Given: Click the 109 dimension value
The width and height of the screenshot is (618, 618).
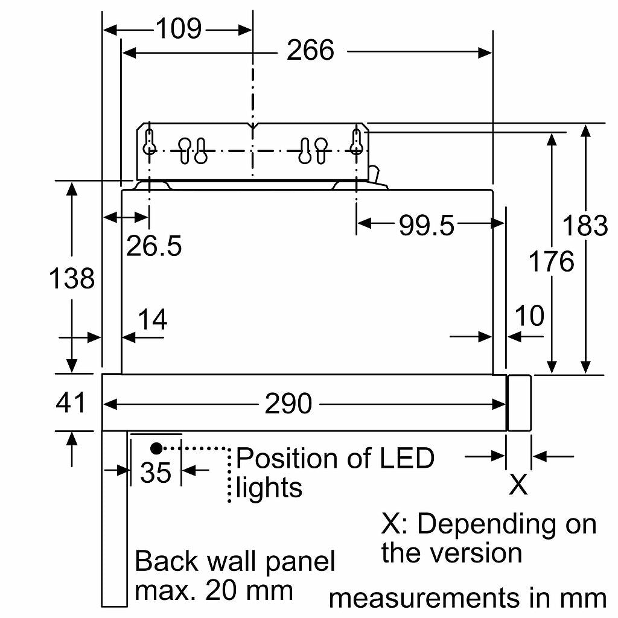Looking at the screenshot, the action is pos(179,29).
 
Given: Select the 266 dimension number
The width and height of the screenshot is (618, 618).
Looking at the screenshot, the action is pos(311,50).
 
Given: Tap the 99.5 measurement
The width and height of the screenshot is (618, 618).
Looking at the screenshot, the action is pos(427,226).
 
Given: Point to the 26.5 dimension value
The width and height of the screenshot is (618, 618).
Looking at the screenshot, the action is pos(154,246).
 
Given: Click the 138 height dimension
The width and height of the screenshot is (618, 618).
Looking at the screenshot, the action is pos(72,278).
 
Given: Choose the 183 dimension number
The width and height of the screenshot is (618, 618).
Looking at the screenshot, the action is pos(585,226).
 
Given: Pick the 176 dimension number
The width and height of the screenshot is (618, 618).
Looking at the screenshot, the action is pos(551,261).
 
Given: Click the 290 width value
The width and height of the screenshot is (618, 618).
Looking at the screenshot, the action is pos(288,404).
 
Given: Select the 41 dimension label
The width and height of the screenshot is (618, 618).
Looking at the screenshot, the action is pos(71,403).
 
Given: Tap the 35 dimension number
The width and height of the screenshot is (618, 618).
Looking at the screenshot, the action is pos(156,473).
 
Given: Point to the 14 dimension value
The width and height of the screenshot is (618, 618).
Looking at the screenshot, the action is pos(153,319).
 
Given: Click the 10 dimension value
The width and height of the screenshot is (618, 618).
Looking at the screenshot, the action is pos(530,316).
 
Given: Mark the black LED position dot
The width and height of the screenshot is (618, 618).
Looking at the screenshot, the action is pos(156,448).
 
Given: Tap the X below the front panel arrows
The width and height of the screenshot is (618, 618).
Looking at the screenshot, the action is pos(518,485).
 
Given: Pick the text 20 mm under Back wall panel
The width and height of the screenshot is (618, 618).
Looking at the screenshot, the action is pos(249,590).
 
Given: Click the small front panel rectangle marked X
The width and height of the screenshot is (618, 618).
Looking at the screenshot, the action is pos(520,403).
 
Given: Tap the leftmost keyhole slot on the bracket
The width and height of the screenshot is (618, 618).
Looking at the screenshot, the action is pos(149,142).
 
